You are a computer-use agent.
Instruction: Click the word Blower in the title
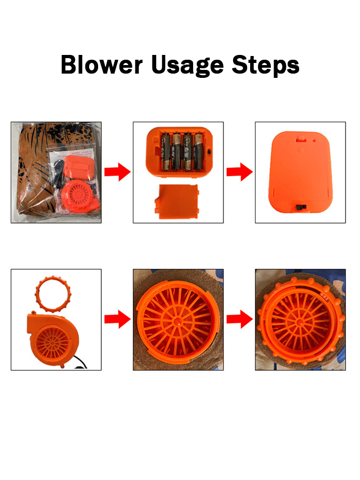coord(102,65)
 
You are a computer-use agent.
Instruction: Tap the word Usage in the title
coord(188,66)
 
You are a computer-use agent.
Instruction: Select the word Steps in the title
coord(266,66)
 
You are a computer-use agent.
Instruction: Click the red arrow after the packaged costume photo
coord(117,172)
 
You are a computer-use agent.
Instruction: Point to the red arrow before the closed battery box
coord(239,172)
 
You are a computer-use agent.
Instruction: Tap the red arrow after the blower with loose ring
coord(117,319)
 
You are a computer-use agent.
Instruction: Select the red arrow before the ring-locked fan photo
coord(239,319)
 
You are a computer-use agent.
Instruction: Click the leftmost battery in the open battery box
coord(166,151)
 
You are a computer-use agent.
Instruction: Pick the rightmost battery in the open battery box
coord(198,151)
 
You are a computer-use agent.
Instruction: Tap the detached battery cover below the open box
coord(177,202)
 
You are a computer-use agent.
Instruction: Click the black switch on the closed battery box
coord(301,207)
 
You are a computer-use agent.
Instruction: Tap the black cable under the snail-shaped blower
coord(80,363)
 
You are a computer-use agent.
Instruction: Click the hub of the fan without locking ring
coord(178,321)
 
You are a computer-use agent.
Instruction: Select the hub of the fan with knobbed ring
coord(299,322)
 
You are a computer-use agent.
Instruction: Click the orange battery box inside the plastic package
coord(79,166)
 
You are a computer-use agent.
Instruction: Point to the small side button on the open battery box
coord(210,151)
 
